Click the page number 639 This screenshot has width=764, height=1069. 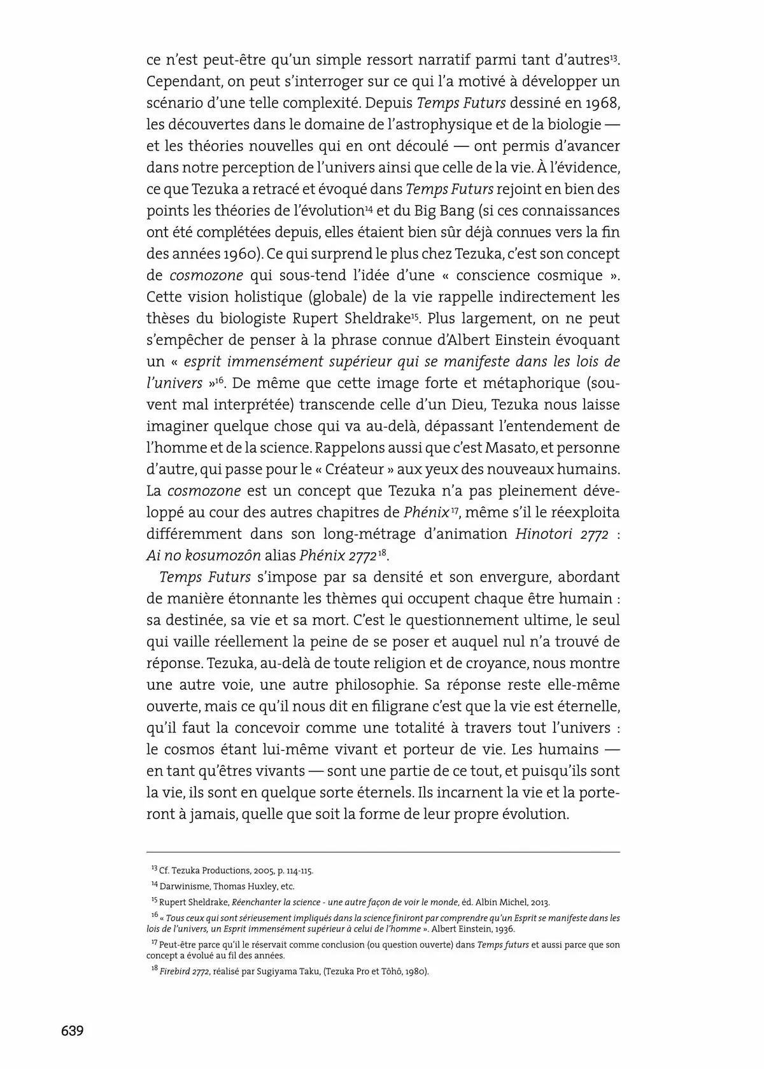click(72, 1030)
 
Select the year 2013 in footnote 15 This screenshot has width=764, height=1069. click(539, 902)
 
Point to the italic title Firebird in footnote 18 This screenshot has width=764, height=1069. click(174, 972)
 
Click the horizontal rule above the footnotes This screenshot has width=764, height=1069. click(383, 852)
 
